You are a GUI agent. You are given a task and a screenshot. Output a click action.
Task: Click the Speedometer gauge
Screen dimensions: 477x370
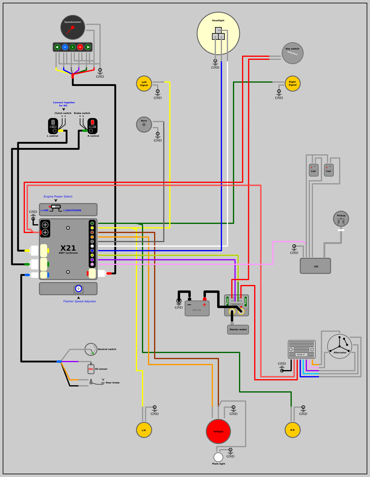coord(73,27)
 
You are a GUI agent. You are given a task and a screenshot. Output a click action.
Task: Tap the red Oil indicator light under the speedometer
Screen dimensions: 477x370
coord(80,47)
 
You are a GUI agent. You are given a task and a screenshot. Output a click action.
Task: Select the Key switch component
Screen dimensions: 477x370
coord(292,53)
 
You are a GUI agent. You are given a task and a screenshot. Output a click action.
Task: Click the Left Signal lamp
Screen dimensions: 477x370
coord(144,84)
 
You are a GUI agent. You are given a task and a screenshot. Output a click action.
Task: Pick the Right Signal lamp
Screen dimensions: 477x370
coord(292,84)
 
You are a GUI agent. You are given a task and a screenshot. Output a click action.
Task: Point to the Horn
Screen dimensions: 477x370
coord(144,125)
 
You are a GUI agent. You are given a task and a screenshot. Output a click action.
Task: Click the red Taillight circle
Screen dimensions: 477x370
coord(218,431)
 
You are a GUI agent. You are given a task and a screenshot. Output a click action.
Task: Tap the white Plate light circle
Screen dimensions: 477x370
coord(218,457)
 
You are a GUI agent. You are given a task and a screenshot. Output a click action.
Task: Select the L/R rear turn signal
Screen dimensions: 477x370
coord(144,430)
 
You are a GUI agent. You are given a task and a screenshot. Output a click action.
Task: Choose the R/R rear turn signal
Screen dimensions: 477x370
coord(292,430)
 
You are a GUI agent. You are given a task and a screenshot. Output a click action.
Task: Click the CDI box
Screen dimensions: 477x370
coord(315,266)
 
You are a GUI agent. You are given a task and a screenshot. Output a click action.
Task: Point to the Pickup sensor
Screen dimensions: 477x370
coord(341,219)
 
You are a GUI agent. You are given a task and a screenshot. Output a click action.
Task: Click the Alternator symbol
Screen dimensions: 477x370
coord(340,346)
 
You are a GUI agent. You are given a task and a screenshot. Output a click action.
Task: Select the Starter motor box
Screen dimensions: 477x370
coord(238,329)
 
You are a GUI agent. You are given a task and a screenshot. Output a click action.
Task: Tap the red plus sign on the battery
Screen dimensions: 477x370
coord(204,305)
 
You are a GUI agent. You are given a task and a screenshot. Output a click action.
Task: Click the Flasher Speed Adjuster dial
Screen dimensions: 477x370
coord(79,289)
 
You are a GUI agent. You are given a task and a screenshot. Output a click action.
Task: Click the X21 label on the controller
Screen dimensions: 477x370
coord(68,248)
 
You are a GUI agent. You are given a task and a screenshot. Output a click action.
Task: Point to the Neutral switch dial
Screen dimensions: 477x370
coord(91,349)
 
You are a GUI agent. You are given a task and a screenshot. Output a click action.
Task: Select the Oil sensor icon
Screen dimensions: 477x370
coord(91,369)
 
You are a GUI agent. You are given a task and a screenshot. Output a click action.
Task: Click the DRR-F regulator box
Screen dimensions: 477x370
coord(301,349)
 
